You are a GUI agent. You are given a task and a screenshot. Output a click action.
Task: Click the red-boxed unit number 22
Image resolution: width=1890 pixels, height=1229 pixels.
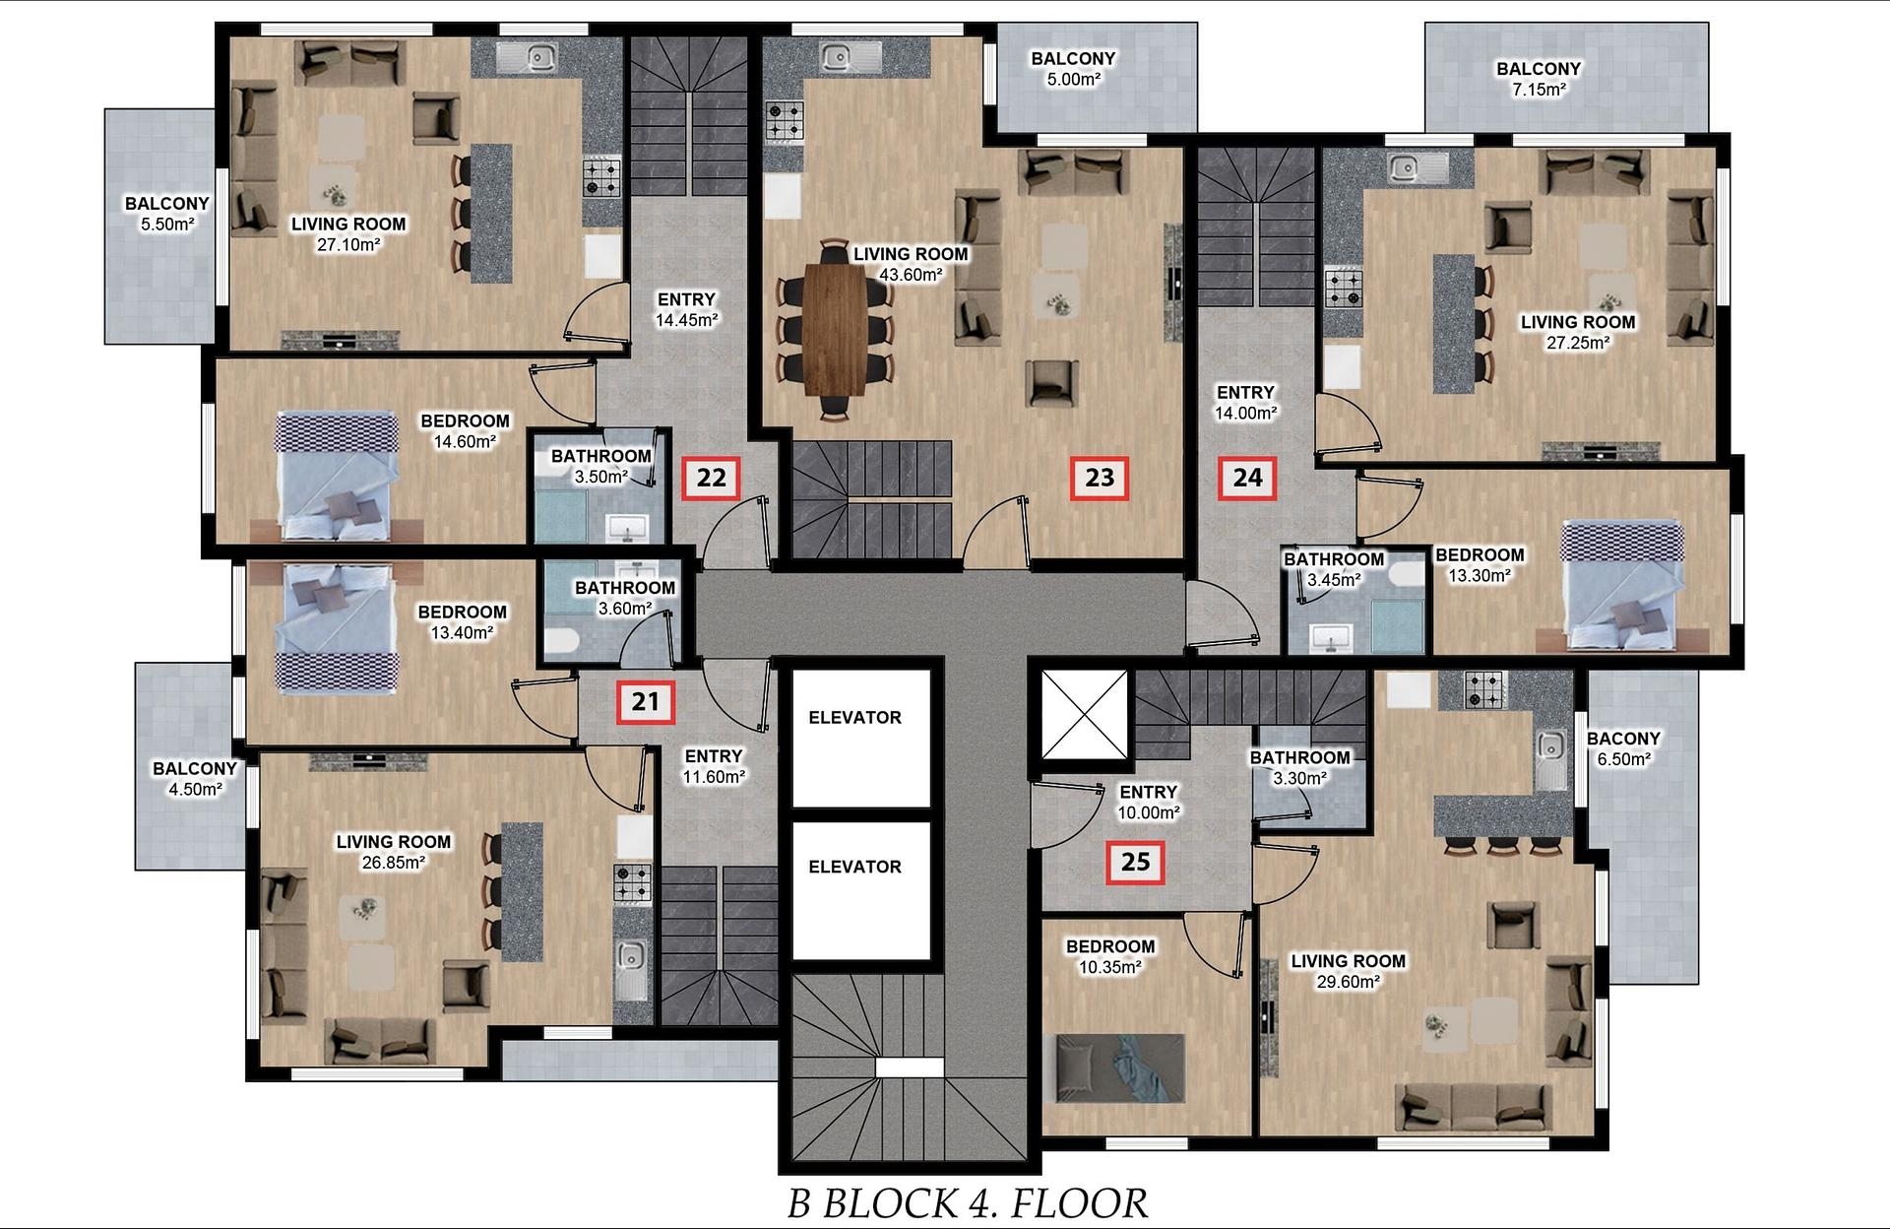click(712, 478)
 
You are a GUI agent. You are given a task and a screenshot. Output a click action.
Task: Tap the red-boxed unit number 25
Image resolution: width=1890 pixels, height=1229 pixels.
click(1136, 862)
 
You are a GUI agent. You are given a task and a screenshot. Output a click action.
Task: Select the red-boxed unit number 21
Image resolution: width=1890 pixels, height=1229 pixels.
click(646, 702)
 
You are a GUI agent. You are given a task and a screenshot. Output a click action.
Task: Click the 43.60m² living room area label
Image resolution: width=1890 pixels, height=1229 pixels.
click(911, 264)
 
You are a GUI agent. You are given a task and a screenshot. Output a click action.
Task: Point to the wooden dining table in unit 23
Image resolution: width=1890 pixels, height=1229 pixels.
click(836, 329)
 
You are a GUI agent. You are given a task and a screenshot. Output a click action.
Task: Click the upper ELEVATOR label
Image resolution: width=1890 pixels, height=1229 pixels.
click(854, 718)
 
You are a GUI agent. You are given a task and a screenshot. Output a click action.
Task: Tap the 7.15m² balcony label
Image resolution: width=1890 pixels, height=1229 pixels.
click(1539, 79)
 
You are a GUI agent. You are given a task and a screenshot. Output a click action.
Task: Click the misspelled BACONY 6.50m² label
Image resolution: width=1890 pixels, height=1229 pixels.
click(1623, 748)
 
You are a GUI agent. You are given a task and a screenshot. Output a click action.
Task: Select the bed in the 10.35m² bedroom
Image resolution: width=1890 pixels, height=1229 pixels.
click(1119, 1069)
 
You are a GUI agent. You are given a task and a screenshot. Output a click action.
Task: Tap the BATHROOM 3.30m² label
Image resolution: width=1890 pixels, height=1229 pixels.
click(1299, 767)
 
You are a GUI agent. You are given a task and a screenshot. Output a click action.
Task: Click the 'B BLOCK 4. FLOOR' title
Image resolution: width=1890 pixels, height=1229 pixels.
click(968, 1202)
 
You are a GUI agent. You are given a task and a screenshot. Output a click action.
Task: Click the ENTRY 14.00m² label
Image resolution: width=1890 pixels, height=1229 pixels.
click(1245, 403)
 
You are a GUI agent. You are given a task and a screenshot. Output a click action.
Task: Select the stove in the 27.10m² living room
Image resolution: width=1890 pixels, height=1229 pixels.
click(602, 175)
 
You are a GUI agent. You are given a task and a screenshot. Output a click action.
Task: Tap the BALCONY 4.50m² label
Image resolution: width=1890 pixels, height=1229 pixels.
click(195, 778)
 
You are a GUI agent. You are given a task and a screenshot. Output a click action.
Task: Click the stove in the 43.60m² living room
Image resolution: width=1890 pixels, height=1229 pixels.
click(786, 121)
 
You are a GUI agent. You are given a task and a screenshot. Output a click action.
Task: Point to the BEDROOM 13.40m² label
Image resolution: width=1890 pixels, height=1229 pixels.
click(462, 622)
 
